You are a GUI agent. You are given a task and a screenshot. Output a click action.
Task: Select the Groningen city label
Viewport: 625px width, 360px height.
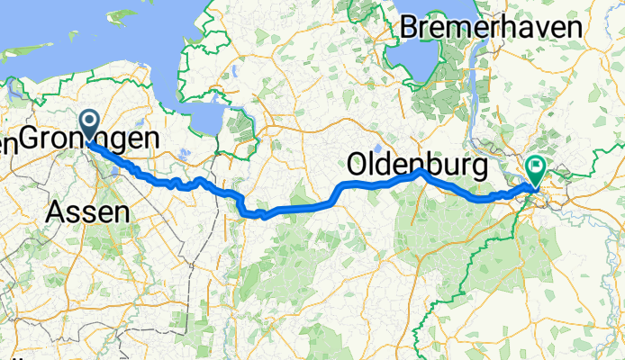90,139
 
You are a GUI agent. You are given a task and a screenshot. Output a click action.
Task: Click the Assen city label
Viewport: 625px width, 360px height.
86,212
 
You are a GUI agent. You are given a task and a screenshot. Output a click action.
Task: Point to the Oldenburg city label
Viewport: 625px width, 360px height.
417,165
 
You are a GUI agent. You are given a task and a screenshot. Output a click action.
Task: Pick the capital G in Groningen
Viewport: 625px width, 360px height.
30,139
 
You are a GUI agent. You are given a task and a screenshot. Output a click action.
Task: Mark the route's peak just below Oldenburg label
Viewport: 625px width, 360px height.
420,173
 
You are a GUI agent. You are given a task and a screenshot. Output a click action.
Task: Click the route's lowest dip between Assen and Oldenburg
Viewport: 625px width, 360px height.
261,215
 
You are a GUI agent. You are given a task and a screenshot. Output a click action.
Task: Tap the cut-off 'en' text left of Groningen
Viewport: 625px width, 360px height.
7,141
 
